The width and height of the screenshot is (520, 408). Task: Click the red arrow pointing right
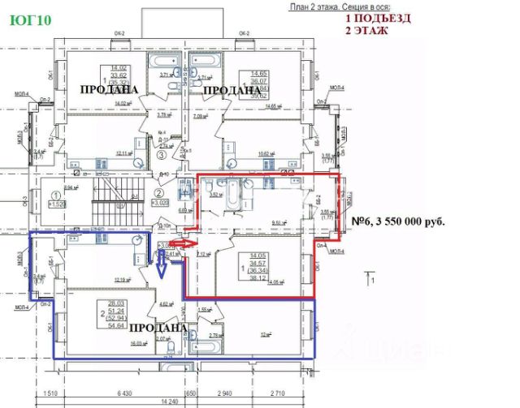tap(180, 242)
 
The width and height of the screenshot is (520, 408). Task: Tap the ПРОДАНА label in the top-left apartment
tap(108, 88)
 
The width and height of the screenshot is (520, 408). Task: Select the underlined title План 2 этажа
tap(320, 6)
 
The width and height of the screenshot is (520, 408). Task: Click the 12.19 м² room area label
tap(123, 281)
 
